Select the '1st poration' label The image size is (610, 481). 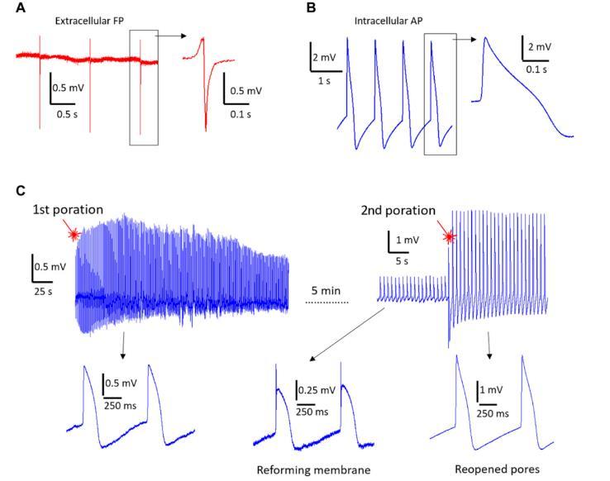tap(69, 210)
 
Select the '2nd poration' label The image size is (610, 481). tap(398, 210)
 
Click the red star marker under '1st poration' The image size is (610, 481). tap(74, 235)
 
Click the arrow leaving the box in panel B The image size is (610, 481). tap(462, 38)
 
